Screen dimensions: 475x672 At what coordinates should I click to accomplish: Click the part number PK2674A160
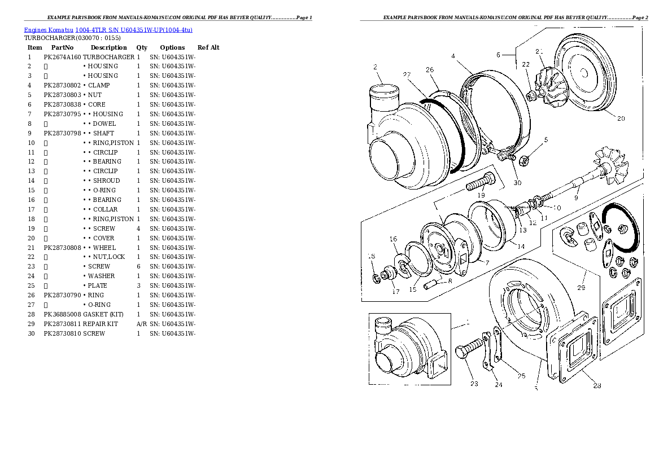tap(62, 57)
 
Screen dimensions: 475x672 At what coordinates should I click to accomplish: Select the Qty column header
tap(142, 47)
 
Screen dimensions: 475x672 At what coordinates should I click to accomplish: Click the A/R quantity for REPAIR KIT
tap(142, 324)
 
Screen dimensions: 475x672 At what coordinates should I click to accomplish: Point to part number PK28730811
tap(62, 324)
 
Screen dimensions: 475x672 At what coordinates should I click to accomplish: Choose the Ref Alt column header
tap(208, 47)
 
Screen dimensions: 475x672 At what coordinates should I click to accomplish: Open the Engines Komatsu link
tap(49, 29)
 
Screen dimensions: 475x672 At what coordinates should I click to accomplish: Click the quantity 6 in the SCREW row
tap(138, 266)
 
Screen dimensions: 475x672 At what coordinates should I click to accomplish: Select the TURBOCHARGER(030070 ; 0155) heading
tap(72, 38)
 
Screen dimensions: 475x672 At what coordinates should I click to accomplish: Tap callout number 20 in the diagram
tap(621, 118)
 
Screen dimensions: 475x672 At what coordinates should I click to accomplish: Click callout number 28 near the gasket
tap(597, 386)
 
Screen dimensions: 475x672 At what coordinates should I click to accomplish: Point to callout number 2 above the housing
tap(375, 68)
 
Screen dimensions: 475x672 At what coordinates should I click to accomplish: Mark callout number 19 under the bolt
tap(481, 196)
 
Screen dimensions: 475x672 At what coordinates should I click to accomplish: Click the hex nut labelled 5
tap(522, 161)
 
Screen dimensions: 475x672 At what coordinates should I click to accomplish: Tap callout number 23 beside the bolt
tap(474, 384)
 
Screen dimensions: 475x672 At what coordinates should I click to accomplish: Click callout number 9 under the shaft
tap(576, 198)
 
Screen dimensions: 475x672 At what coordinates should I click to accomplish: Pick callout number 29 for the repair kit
tap(581, 288)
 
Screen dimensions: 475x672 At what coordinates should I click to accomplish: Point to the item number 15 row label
tap(31, 190)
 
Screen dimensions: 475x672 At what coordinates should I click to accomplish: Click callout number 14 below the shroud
tap(520, 246)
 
